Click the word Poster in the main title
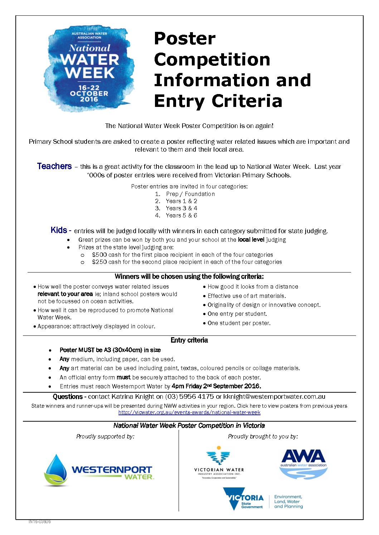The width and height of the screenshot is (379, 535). (185, 39)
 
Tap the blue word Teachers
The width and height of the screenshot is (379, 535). (54, 166)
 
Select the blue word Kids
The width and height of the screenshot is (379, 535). (59, 230)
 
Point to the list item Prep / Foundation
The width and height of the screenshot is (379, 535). (190, 194)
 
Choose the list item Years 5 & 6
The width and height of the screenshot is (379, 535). (181, 215)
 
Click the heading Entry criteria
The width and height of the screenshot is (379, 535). (189, 340)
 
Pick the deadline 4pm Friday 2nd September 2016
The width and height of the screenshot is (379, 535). (216, 386)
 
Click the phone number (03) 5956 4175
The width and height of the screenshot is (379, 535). (189, 397)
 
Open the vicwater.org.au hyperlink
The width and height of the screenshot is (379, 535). (189, 412)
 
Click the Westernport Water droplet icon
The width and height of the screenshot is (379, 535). (56, 470)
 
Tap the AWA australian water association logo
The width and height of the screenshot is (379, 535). (303, 463)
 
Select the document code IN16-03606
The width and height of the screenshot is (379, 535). (39, 522)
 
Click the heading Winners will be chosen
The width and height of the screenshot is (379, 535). (189, 276)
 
